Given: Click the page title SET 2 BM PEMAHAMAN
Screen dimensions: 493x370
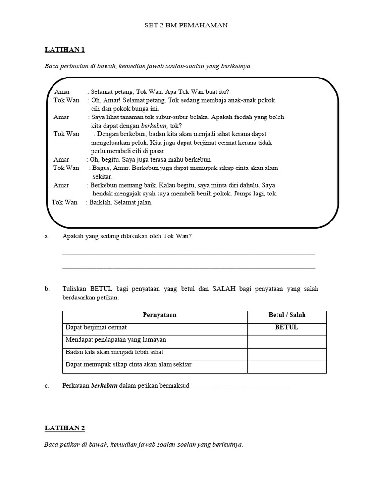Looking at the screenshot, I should point(186,26).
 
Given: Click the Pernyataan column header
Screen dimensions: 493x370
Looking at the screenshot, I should point(159,315).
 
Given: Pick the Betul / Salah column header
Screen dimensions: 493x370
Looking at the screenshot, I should point(287,315).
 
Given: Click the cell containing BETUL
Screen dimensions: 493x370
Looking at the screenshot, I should point(287,327).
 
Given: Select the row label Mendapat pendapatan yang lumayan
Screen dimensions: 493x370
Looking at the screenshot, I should point(116,340).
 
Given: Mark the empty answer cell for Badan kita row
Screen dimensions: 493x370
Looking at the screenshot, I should point(287,352).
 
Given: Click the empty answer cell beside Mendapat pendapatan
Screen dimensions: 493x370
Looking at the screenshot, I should point(287,340).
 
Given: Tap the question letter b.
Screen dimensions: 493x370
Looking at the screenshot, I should point(47,289).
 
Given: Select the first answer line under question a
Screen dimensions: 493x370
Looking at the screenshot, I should point(188,252).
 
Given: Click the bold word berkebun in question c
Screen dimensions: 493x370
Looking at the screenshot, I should point(105,386).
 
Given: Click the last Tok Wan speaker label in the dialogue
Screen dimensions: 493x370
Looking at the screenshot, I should point(65,203).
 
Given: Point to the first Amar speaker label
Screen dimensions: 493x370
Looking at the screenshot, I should point(63,91).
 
